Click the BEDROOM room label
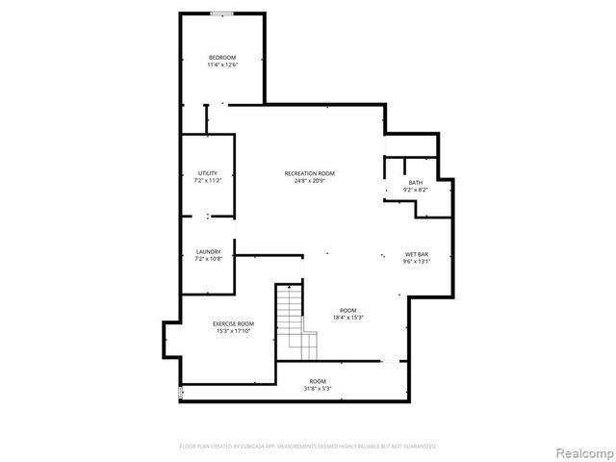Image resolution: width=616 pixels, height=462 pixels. click(222, 58)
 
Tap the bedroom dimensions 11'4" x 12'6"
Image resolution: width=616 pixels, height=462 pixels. click(222, 65)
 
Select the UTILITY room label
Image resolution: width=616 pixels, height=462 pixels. click(208, 172)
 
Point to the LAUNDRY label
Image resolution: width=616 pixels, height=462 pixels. click(208, 252)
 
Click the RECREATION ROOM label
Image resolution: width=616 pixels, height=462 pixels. click(309, 173)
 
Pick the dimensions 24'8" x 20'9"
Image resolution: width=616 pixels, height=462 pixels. click(309, 181)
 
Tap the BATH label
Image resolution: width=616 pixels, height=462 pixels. click(415, 182)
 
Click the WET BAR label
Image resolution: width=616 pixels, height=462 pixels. click(416, 253)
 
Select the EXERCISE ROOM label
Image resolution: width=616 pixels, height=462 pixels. click(233, 323)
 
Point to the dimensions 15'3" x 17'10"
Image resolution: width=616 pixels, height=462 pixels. click(233, 331)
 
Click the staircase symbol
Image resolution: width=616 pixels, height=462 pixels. click(295, 318)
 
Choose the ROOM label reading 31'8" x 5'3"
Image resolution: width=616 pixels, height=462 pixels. click(318, 385)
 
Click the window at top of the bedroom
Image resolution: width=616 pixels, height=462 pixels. click(222, 13)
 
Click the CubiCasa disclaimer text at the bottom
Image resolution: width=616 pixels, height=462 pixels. click(308, 447)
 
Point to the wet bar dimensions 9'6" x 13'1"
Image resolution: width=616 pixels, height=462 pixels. click(416, 261)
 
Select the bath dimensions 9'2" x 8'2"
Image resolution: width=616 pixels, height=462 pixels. click(415, 190)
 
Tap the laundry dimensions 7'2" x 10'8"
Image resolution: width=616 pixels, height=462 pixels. click(208, 260)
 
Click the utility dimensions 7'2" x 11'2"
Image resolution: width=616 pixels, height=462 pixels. click(208, 180)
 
